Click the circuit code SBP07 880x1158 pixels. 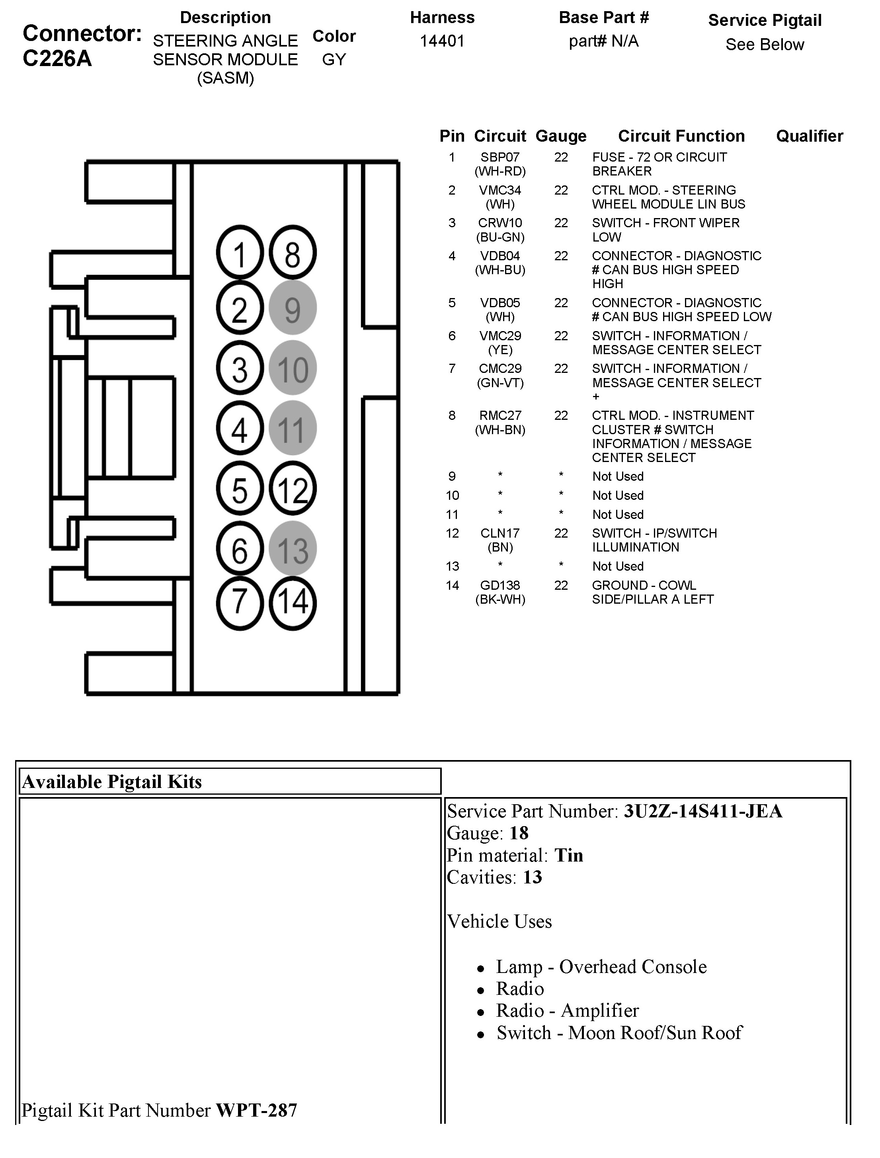click(500, 157)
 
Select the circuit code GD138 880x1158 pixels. click(500, 585)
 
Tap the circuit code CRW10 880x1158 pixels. click(500, 223)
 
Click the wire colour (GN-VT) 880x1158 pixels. click(500, 383)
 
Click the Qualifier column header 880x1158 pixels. click(809, 136)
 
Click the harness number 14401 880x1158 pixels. click(442, 41)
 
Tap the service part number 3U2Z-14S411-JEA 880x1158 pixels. click(702, 811)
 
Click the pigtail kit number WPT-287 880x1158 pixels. click(256, 1110)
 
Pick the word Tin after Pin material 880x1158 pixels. click(568, 855)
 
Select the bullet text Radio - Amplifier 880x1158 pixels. click(567, 1010)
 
